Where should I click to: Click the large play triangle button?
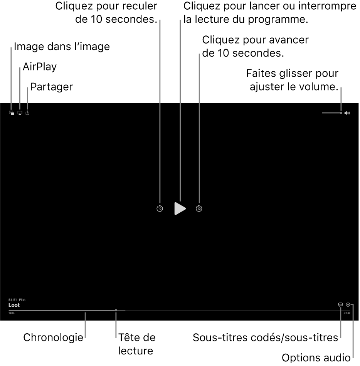tap(180, 208)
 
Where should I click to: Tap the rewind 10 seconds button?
tap(160, 208)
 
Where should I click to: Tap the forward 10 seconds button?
tap(199, 208)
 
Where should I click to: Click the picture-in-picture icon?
tap(12, 113)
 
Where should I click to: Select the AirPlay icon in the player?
tap(20, 113)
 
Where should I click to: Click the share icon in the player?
tap(27, 113)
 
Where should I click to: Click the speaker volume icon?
tap(347, 113)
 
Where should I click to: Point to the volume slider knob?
tap(341, 113)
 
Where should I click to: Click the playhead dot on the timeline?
tap(116, 310)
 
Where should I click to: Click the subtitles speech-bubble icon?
tap(340, 304)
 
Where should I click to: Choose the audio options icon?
tap(348, 304)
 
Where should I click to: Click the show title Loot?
tap(14, 305)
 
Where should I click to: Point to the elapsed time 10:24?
tap(12, 313)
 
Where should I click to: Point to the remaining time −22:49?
tap(347, 313)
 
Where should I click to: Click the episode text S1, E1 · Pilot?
tap(17, 299)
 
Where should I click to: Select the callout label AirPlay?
tap(39, 67)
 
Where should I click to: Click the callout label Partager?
tap(51, 87)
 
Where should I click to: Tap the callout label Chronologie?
tap(53, 338)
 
